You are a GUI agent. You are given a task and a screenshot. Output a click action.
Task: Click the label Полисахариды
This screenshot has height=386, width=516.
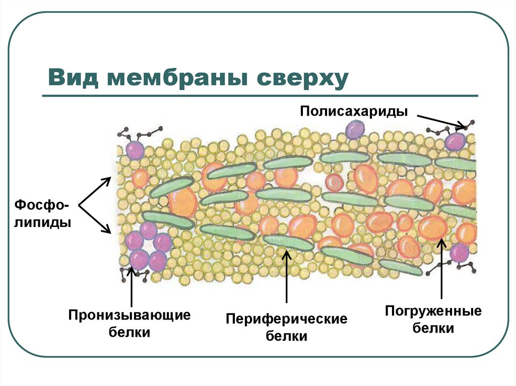click(x=354, y=111)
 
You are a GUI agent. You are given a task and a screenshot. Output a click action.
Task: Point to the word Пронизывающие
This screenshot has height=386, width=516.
click(x=130, y=316)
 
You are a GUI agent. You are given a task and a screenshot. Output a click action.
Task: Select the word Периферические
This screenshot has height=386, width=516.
click(x=286, y=319)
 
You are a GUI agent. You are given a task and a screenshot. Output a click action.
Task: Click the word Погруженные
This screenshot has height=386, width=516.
click(x=433, y=311)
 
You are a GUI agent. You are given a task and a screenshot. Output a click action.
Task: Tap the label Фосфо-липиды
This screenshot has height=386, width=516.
click(x=42, y=214)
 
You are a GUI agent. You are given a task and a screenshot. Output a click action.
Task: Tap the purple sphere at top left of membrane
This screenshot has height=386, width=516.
click(x=135, y=150)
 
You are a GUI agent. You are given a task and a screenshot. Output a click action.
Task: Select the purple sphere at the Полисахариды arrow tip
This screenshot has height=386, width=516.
click(x=456, y=140)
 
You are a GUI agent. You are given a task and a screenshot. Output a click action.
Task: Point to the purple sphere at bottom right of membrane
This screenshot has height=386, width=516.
click(x=459, y=253)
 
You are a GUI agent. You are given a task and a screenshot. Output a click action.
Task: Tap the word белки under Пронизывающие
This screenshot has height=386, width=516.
click(x=130, y=333)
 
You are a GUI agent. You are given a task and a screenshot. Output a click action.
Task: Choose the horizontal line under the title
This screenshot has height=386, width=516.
click(x=260, y=96)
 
